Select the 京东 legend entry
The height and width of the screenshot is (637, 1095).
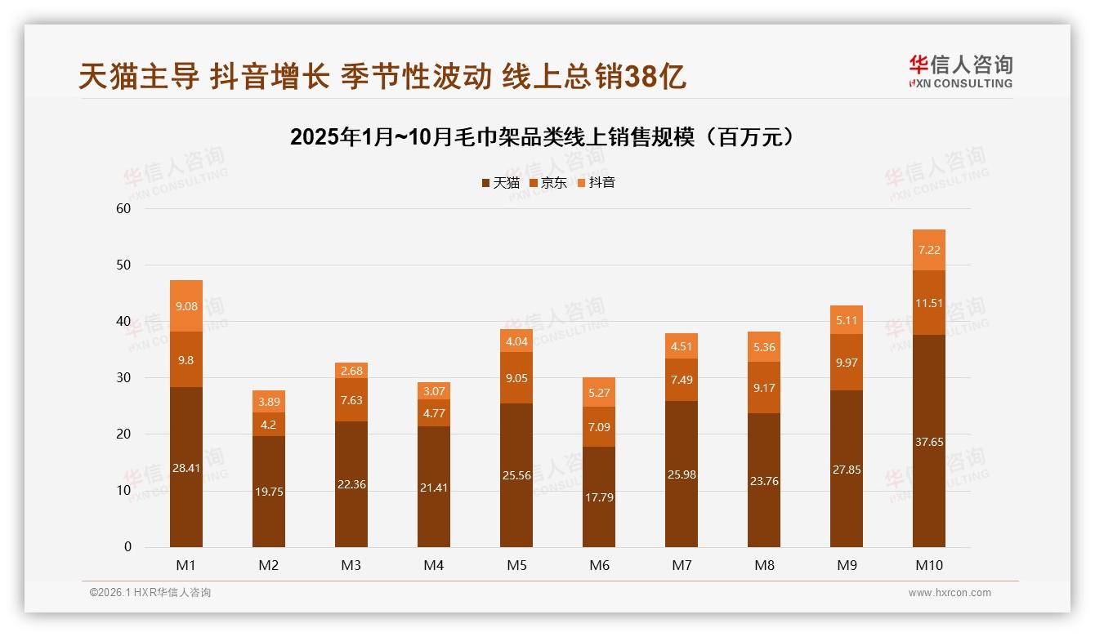[x=548, y=183]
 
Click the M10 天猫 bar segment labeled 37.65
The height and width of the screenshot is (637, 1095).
[x=929, y=441]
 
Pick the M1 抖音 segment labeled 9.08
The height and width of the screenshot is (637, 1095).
[x=186, y=306]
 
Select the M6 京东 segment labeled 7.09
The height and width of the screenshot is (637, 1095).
[x=599, y=426]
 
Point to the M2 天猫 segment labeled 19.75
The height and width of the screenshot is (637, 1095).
[x=269, y=491]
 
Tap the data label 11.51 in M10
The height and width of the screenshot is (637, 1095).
[x=929, y=303]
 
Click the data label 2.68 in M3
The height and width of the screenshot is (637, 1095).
[x=351, y=371]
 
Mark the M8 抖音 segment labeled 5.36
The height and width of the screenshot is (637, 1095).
[x=764, y=347]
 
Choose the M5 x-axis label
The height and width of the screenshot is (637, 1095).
[x=516, y=565]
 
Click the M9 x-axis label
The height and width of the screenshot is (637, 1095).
[x=847, y=565]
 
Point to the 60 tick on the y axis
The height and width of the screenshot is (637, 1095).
[x=123, y=208]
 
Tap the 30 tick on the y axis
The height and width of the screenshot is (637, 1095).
[x=123, y=378]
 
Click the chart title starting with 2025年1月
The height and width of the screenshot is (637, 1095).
[x=542, y=137]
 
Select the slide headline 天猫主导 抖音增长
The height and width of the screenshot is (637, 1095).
[x=382, y=77]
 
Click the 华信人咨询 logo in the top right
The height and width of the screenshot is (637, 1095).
[x=960, y=72]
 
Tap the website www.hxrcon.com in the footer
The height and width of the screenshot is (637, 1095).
[x=950, y=593]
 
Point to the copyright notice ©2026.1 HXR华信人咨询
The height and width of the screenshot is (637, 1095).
[x=150, y=593]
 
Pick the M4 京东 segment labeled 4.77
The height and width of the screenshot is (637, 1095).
[x=434, y=412]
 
